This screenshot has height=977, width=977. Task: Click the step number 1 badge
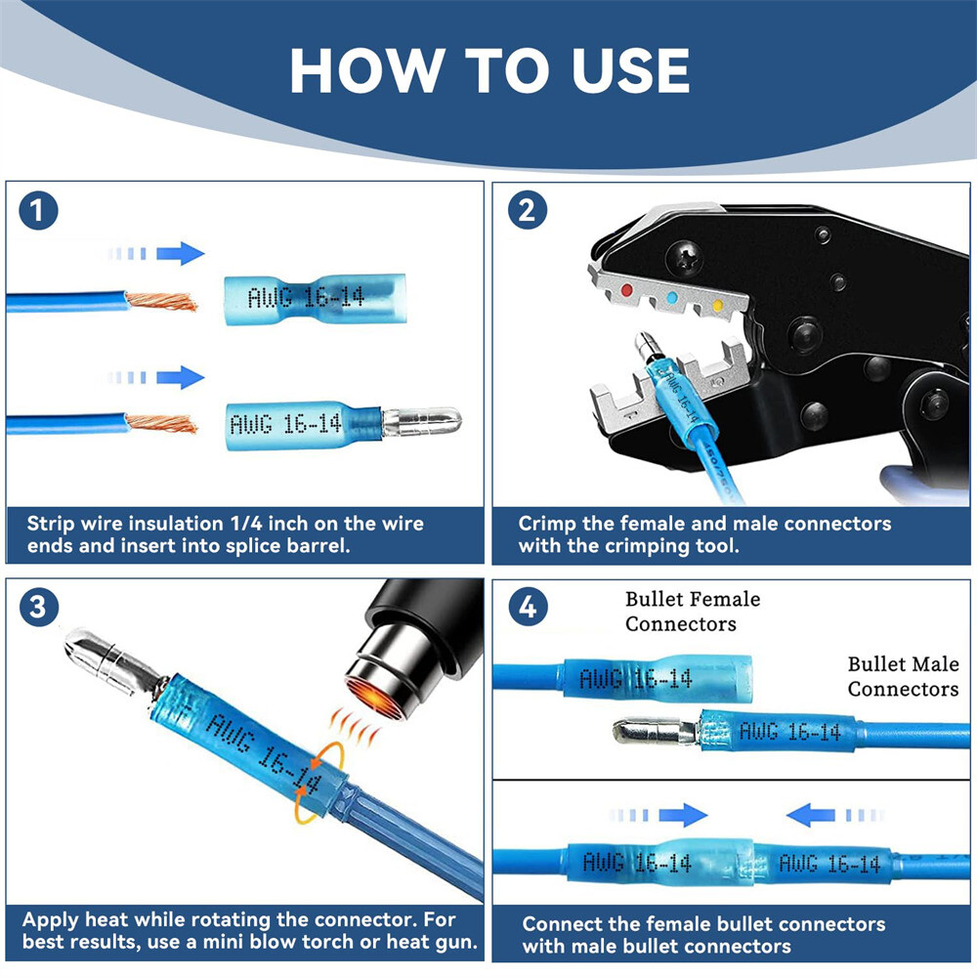pyautogui.click(x=39, y=211)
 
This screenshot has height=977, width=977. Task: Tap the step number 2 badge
pyautogui.click(x=527, y=211)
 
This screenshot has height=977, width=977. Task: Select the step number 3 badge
pyautogui.click(x=39, y=607)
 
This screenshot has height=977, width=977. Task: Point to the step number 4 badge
pyautogui.click(x=528, y=608)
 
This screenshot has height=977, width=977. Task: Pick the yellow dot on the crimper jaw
pyautogui.click(x=718, y=307)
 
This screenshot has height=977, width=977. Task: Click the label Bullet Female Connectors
pyautogui.click(x=693, y=611)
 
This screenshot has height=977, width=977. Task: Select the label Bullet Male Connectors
pyautogui.click(x=903, y=676)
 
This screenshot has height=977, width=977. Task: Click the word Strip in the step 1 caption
pyautogui.click(x=50, y=524)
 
